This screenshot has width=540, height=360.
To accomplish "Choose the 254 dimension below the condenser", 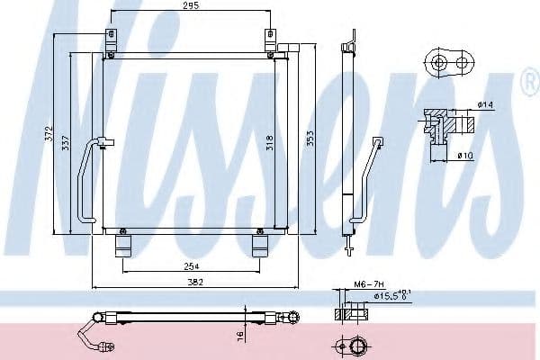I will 189,267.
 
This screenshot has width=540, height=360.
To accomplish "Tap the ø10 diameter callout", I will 465,156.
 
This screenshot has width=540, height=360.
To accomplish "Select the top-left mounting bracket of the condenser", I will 111,40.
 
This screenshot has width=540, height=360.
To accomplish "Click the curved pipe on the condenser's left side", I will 85,180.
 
